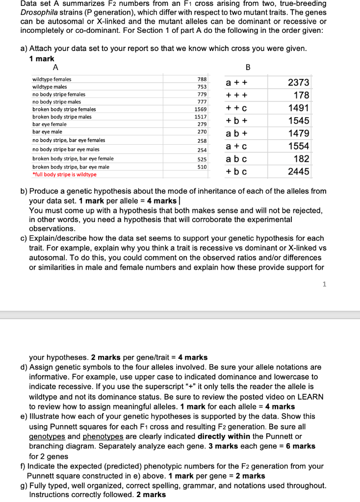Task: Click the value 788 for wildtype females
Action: point(202,79)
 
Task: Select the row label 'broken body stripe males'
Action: point(62,117)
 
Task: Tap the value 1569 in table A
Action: point(201,109)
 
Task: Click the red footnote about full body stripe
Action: point(64,175)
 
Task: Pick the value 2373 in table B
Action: point(298,83)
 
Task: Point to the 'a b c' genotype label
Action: point(236,159)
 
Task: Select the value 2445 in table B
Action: point(298,172)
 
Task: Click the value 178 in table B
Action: point(301,95)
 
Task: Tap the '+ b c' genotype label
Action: point(236,172)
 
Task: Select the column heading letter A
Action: point(55,67)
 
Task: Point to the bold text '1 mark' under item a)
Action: point(42,58)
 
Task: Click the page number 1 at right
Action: point(324,284)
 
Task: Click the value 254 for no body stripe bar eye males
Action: point(202,150)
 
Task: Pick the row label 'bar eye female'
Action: point(50,125)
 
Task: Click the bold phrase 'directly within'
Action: point(223,436)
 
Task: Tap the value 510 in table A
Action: point(202,167)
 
